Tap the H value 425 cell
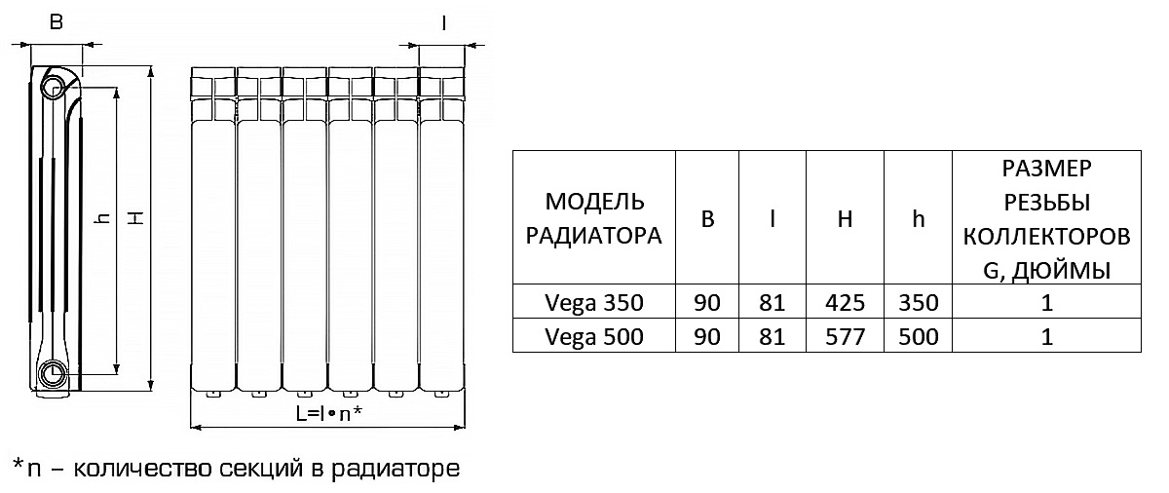pos(845,302)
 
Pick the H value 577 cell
pos(845,337)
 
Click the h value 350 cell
pos(918,302)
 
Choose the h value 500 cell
pos(918,337)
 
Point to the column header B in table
pos(708,219)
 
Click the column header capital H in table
pos(845,219)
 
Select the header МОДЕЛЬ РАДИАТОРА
pos(594,219)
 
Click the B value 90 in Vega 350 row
pos(708,302)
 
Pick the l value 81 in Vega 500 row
pos(772,337)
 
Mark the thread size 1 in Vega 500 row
pos(1047,337)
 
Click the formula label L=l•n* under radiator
pos(328,413)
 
